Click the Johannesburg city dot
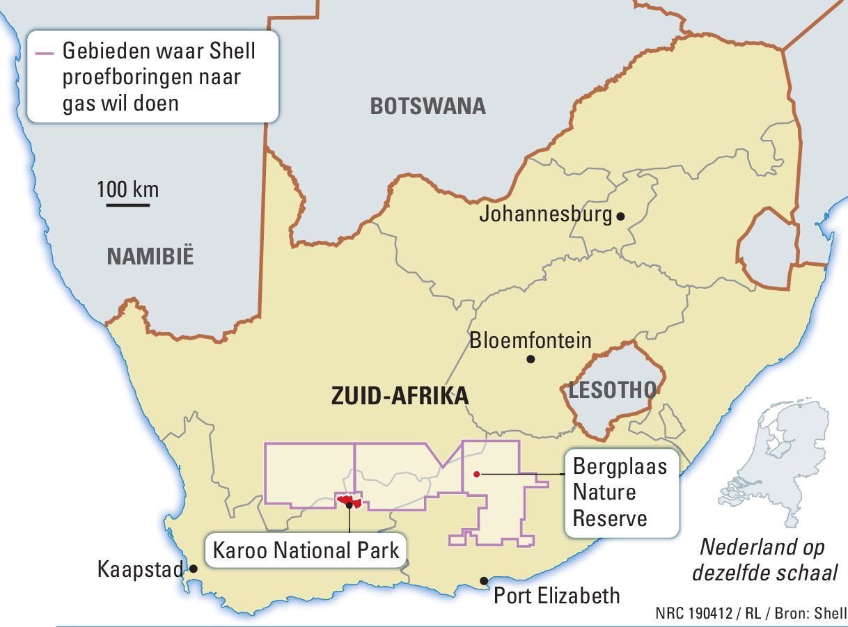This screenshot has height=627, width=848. (620, 216)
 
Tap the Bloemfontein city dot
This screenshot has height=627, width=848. (531, 359)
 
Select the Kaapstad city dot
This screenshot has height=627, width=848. (194, 569)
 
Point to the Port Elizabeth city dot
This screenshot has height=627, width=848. (483, 581)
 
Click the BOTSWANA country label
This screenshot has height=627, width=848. (427, 106)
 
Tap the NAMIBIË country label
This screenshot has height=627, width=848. (150, 257)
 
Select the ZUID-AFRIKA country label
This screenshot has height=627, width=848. (400, 396)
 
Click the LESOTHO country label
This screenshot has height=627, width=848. (612, 390)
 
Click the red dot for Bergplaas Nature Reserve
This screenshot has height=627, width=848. (476, 475)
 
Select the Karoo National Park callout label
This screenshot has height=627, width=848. (306, 550)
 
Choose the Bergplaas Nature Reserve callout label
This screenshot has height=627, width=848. (620, 492)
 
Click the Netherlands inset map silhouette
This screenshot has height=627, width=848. (780, 459)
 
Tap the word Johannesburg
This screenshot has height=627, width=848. (545, 214)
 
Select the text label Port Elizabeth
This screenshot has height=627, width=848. (556, 596)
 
